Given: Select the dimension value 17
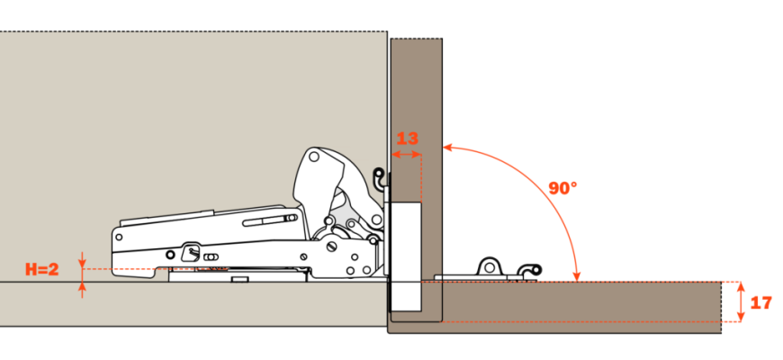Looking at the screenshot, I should pos(760,303).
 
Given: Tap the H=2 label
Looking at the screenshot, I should pos(41,269).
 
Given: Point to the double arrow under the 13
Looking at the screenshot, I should pos(407,155).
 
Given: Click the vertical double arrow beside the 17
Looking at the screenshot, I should pos(740,301).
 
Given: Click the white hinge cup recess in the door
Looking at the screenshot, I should pos(405,256).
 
